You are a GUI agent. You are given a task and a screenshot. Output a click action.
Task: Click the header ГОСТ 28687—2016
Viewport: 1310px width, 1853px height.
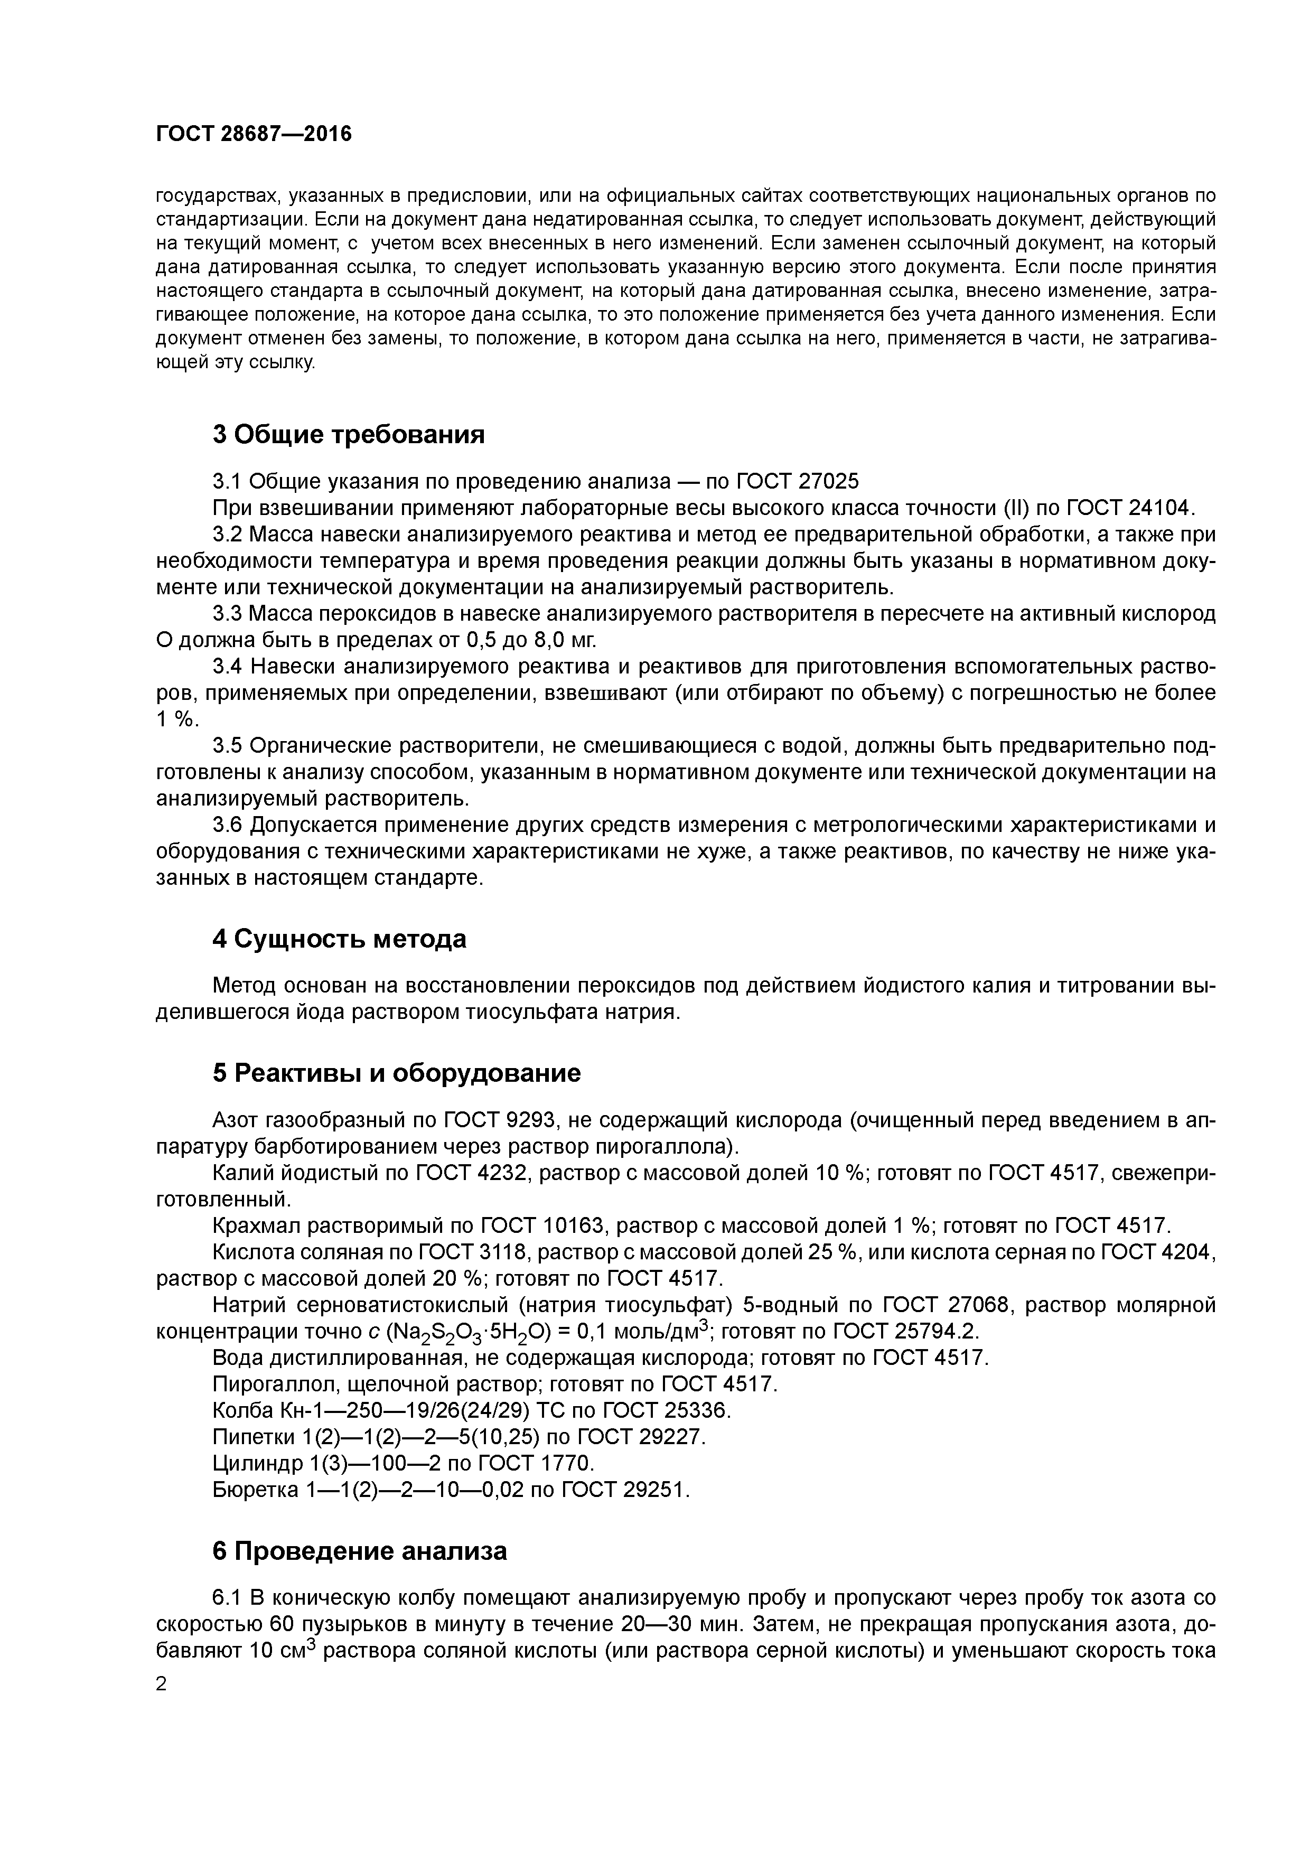pyautogui.click(x=254, y=134)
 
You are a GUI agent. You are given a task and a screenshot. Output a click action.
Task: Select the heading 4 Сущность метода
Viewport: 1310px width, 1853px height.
pyautogui.click(x=339, y=939)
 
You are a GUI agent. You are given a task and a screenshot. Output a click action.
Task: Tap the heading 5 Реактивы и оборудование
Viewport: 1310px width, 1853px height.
pyautogui.click(x=396, y=1073)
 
